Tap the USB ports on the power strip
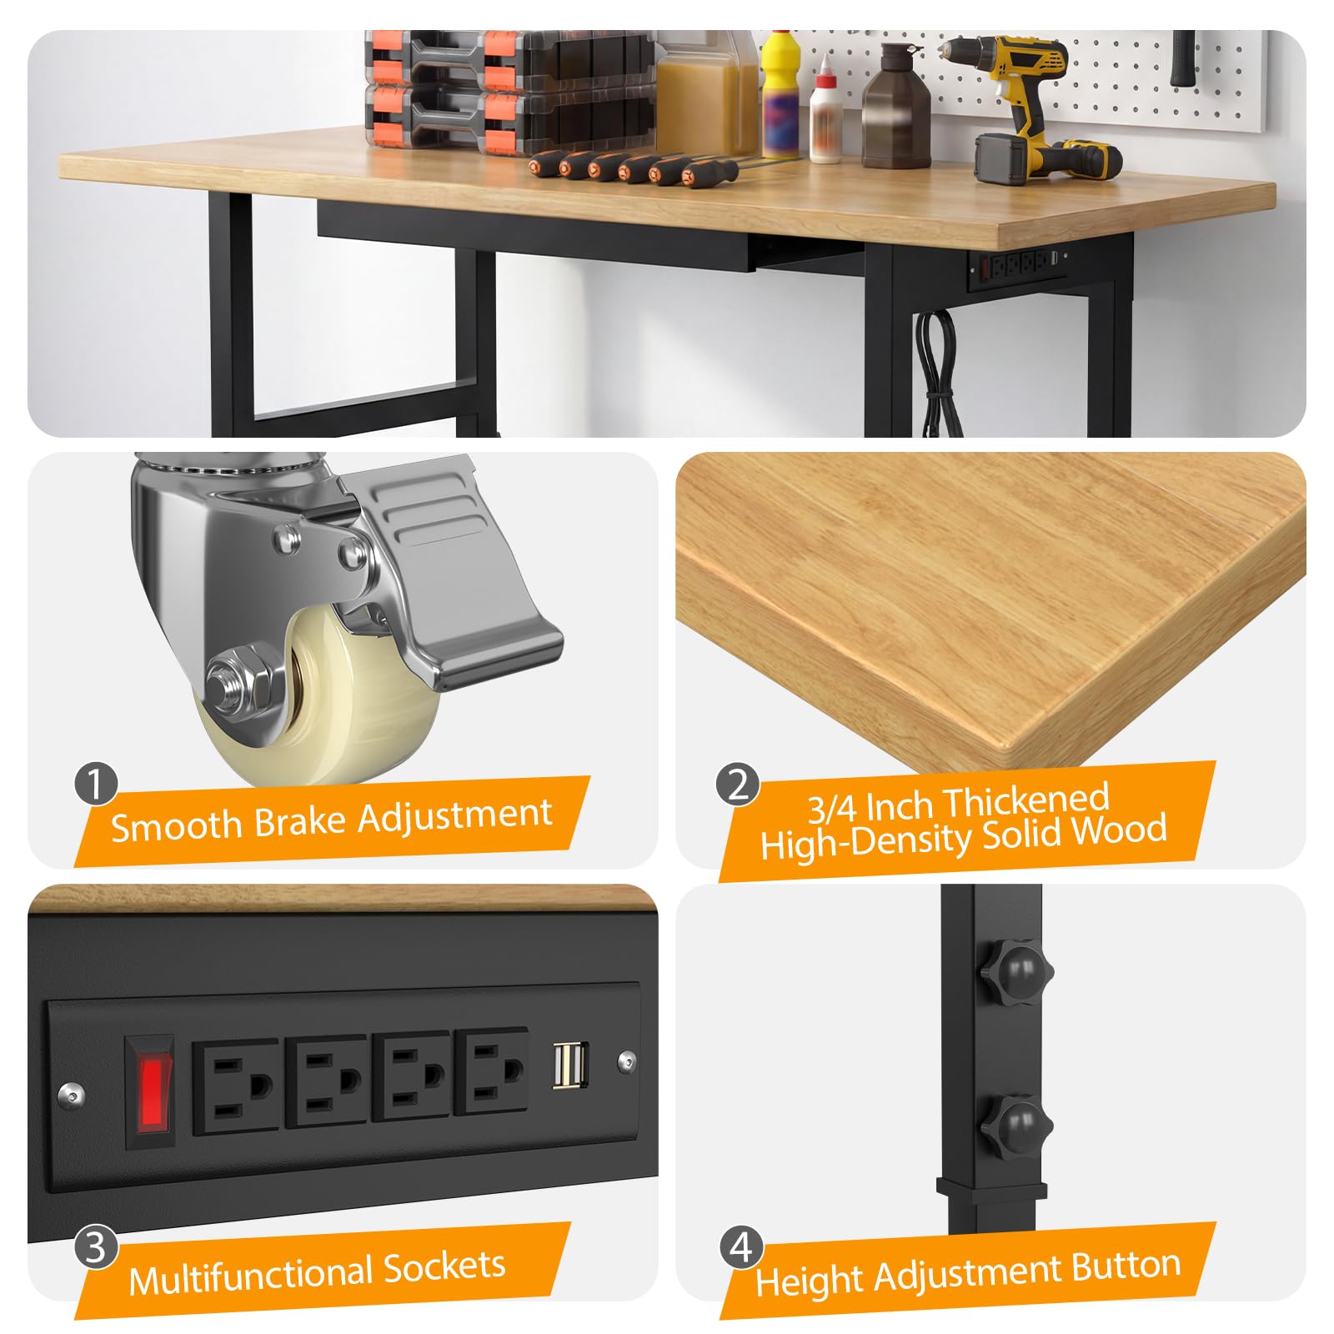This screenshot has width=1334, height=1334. point(570,1066)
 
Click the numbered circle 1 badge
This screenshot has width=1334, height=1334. point(95,785)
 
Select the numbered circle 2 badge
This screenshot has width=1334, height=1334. point(738,784)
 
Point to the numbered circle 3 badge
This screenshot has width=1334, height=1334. point(95,1247)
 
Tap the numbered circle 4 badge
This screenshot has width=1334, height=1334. point(741,1247)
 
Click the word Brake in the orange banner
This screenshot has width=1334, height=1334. point(300,821)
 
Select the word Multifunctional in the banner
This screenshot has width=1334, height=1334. point(250,1276)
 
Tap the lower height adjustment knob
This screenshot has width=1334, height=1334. point(1016,1125)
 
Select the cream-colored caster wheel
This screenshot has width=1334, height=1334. point(333,696)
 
